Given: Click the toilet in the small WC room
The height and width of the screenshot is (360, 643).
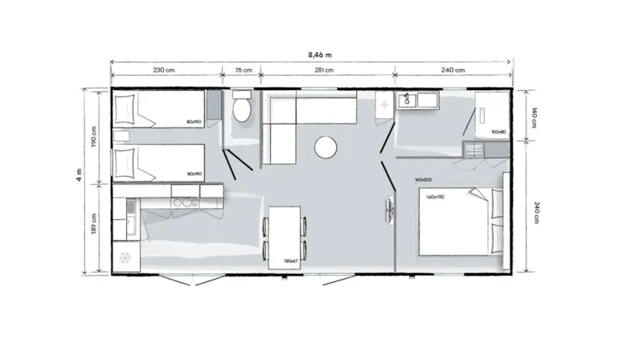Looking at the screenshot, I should pos(242,108).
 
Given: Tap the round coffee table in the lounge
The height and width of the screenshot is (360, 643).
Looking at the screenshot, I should pos(326,147).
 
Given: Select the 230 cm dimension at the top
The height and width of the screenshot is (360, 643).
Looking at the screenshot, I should pos(165,71).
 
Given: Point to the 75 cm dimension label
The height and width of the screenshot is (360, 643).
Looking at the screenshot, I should pos(242,71).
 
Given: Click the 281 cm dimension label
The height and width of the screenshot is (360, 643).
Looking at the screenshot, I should pos(324,71).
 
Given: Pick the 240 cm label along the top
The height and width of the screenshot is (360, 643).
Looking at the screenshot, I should pos(453,71).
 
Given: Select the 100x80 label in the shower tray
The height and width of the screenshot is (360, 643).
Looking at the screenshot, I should pos(498,132).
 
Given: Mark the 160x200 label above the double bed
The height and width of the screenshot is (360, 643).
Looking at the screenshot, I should pos(424,179).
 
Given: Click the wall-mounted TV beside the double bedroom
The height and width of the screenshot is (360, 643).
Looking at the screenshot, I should pos(392,209).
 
